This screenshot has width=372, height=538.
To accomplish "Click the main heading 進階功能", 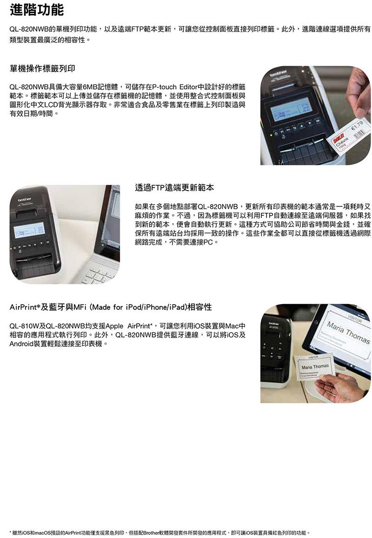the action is pyautogui.click(x=36, y=9).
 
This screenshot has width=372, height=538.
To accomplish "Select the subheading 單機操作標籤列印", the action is pyautogui.click(x=42, y=68).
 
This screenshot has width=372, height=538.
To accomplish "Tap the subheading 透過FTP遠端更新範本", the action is pyautogui.click(x=174, y=188).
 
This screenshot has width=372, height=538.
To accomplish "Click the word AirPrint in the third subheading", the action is pyautogui.click(x=23, y=307).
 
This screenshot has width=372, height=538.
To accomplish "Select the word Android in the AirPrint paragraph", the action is pyautogui.click(x=21, y=344).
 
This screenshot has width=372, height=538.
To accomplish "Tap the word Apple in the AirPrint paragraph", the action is pyautogui.click(x=114, y=325).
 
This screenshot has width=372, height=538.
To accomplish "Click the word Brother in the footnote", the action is pyautogui.click(x=151, y=533).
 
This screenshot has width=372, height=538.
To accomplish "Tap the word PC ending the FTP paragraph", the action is pyautogui.click(x=208, y=242).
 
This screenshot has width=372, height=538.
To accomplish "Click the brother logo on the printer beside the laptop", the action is pyautogui.click(x=25, y=199).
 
